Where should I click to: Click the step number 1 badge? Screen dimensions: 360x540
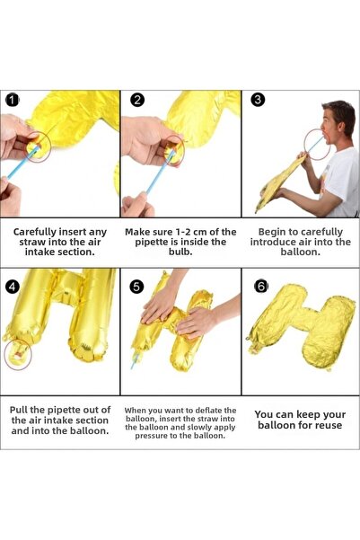coord(13,100)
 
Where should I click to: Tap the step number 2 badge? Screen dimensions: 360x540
coord(137,100)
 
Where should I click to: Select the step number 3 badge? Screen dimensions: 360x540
coord(258,100)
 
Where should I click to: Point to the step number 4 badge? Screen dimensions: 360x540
coord(13,287)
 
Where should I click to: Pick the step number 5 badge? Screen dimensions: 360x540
coord(136,287)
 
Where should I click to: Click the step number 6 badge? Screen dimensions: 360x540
coord(261,287)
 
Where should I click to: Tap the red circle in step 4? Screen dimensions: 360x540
coord(18,354)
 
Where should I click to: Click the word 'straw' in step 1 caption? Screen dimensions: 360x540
coord(31,242)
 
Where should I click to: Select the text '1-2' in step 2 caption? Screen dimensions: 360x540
coord(183,232)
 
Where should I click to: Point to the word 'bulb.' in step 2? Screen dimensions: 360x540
coord(180,252)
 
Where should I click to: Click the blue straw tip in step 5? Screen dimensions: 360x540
coord(133,367)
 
